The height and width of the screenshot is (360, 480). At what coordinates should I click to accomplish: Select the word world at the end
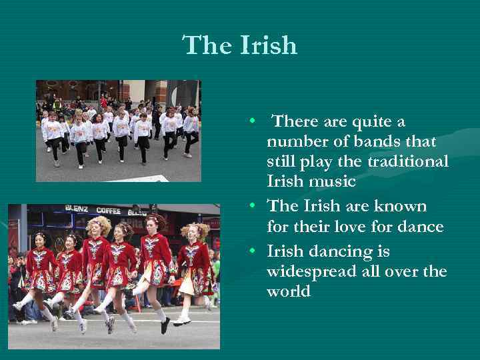click(288, 292)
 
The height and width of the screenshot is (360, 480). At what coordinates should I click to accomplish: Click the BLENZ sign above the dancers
click(77, 209)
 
